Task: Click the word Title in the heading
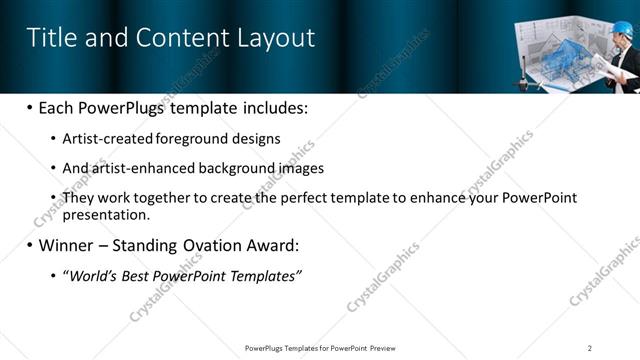[51, 38]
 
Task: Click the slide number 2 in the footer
[590, 348]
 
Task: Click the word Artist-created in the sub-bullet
[103, 138]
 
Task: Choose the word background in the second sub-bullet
[240, 168]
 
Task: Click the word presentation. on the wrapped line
[106, 214]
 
